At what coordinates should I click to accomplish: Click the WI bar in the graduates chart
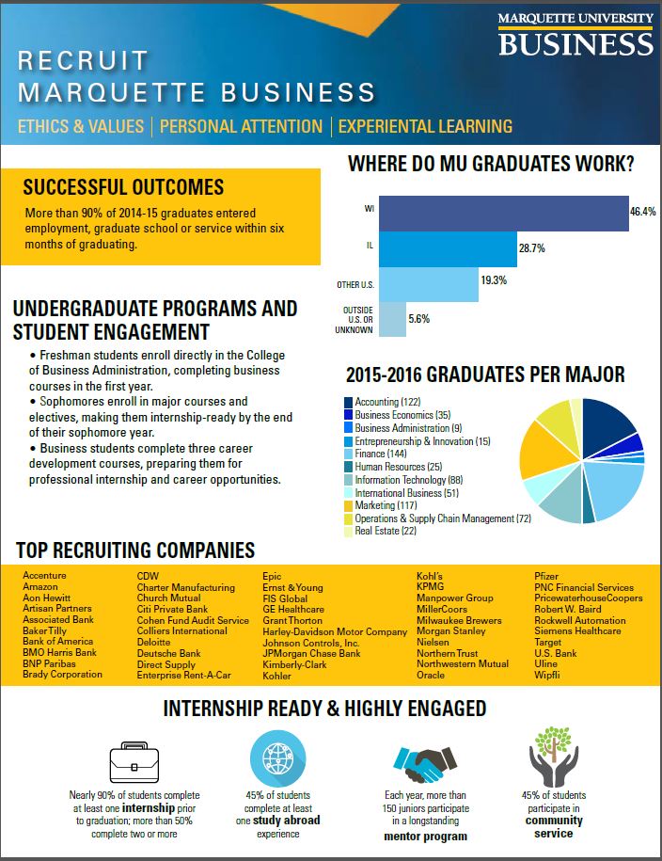pyautogui.click(x=503, y=213)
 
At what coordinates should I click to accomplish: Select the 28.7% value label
pyautogui.click(x=531, y=248)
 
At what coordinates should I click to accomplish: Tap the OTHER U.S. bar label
pyautogui.click(x=355, y=284)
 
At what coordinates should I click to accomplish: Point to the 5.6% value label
pyautogui.click(x=418, y=319)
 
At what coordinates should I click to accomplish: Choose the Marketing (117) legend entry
pyautogui.click(x=383, y=505)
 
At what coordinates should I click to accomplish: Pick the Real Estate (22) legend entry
pyautogui.click(x=386, y=532)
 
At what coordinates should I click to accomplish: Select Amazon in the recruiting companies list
pyautogui.click(x=39, y=587)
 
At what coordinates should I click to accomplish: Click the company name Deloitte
pyautogui.click(x=156, y=642)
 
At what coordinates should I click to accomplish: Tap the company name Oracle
pyautogui.click(x=431, y=676)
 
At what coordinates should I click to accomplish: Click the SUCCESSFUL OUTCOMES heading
pyautogui.click(x=123, y=187)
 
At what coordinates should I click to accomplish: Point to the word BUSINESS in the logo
pyautogui.click(x=575, y=42)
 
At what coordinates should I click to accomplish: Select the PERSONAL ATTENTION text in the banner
pyautogui.click(x=241, y=126)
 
